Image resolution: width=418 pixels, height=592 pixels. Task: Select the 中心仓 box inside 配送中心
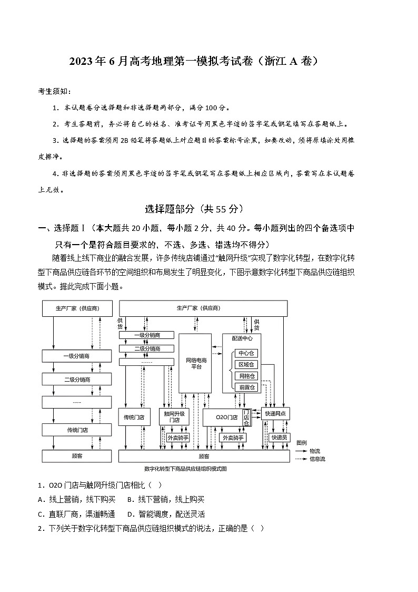click(x=246, y=353)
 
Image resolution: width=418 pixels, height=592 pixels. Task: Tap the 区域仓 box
click(x=246, y=364)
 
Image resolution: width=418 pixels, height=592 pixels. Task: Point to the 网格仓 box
click(x=246, y=376)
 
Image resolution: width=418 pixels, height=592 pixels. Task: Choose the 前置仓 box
click(x=246, y=387)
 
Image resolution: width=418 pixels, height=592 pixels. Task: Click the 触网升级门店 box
click(x=174, y=417)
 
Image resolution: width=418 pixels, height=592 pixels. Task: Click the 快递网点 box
click(x=276, y=414)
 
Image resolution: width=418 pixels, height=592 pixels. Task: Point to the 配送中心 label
click(x=242, y=338)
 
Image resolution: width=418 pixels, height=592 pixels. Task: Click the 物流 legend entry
click(x=315, y=451)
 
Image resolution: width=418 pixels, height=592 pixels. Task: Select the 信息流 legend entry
click(x=317, y=459)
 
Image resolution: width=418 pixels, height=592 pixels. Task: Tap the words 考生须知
click(x=54, y=91)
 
